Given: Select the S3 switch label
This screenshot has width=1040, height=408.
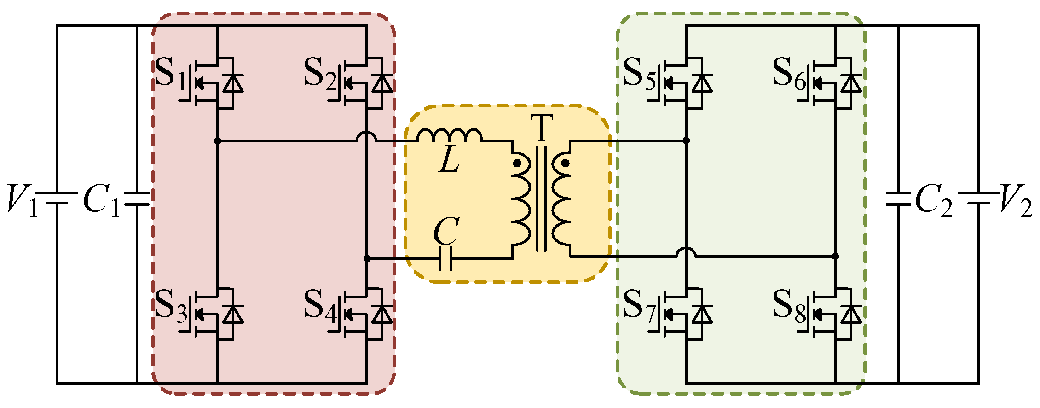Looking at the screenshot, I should pyautogui.click(x=171, y=306).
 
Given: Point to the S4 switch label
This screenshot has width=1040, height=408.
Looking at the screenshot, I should pyautogui.click(x=320, y=306).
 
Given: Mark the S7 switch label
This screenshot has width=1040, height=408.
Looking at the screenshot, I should pyautogui.click(x=640, y=306).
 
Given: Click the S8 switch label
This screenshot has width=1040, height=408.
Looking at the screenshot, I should pyautogui.click(x=789, y=306).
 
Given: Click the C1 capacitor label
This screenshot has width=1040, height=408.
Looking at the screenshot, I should pyautogui.click(x=101, y=200).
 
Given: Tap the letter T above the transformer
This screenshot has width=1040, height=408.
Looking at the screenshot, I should pyautogui.click(x=541, y=128).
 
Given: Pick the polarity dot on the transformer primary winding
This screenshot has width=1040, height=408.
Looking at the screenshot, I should pyautogui.click(x=517, y=163).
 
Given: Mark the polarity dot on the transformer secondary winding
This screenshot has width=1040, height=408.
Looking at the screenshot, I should pyautogui.click(x=566, y=163).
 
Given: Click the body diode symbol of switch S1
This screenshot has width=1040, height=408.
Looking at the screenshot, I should pyautogui.click(x=233, y=83).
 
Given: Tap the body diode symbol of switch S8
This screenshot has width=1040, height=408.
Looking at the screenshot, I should pyautogui.click(x=851, y=315).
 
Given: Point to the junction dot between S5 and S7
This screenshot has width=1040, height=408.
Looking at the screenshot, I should pyautogui.click(x=686, y=140).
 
